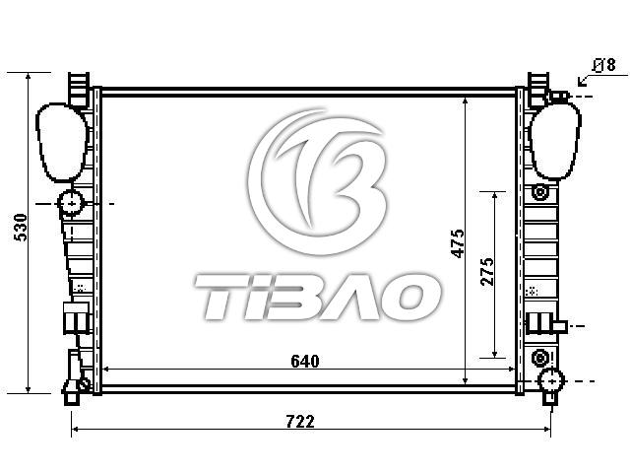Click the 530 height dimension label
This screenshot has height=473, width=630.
(x=21, y=228)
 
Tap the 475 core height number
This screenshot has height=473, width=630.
(x=458, y=243)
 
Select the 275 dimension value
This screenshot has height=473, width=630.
(x=487, y=272)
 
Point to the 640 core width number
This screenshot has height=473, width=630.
(x=305, y=362)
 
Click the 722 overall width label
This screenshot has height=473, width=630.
(x=300, y=422)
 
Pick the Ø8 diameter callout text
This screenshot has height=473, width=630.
(x=603, y=65)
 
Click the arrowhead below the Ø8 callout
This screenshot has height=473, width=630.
(x=582, y=82)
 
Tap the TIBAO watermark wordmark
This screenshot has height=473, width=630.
(x=317, y=297)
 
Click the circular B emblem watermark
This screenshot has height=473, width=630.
(x=318, y=181)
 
